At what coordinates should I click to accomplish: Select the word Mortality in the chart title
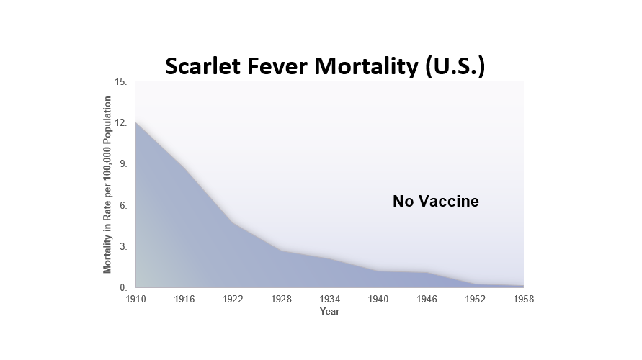pyautogui.click(x=367, y=67)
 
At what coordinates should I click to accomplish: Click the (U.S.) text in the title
pyautogui.click(x=455, y=67)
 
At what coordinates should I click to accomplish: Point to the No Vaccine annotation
pyautogui.click(x=436, y=202)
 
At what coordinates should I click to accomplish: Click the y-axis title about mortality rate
pyautogui.click(x=107, y=184)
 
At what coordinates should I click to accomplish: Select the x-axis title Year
pyautogui.click(x=329, y=311)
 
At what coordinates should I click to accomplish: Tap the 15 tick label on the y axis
pyautogui.click(x=121, y=82)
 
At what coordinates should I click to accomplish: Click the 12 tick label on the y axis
pyautogui.click(x=121, y=123)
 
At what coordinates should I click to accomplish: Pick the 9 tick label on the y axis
pyautogui.click(x=123, y=164)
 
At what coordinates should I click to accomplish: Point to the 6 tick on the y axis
pyautogui.click(x=123, y=205)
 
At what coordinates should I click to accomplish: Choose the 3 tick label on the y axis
pyautogui.click(x=123, y=247)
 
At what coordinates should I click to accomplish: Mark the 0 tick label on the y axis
pyautogui.click(x=123, y=287)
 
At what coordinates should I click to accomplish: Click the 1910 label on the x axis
pyautogui.click(x=135, y=300)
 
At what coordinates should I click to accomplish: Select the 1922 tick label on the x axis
pyautogui.click(x=233, y=300)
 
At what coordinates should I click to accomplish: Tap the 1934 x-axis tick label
pyautogui.click(x=329, y=300)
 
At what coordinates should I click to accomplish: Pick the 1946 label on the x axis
pyautogui.click(x=427, y=300)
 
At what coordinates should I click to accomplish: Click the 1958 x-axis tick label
pyautogui.click(x=524, y=300)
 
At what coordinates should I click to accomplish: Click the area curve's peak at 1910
pyautogui.click(x=136, y=122)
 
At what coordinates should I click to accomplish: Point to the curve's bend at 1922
pyautogui.click(x=233, y=222)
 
